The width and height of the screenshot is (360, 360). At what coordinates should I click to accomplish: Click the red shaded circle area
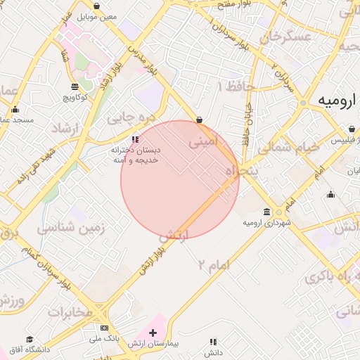[x=180, y=180]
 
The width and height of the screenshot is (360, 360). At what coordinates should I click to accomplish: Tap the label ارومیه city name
[x=333, y=101]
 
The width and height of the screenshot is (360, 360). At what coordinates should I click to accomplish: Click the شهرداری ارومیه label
[x=266, y=223]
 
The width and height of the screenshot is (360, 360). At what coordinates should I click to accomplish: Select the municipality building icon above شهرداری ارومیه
[x=266, y=212]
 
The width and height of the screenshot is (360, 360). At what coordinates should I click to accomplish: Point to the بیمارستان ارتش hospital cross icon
[x=153, y=331]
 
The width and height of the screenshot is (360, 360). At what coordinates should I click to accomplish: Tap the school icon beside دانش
[x=212, y=342]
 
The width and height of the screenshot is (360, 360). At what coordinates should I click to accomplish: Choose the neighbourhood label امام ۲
[x=214, y=264]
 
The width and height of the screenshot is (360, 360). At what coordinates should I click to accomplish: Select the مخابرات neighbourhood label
[x=70, y=311]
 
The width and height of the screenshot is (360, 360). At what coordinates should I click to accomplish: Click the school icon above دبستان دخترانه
[x=135, y=139]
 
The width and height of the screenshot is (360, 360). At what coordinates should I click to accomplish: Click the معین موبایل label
[x=97, y=15]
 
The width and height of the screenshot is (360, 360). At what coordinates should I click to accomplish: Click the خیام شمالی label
[x=288, y=148]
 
